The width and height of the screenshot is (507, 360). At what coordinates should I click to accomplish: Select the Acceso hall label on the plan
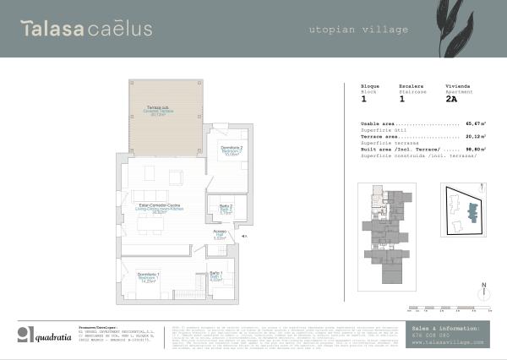click(x=220, y=235)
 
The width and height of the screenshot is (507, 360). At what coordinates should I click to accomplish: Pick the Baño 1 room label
click(x=215, y=274)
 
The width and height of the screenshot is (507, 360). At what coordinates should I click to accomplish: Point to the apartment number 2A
click(x=451, y=99)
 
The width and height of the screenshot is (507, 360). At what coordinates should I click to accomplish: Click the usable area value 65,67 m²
click(x=472, y=123)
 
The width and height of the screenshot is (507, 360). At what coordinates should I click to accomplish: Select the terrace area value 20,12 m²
click(x=472, y=136)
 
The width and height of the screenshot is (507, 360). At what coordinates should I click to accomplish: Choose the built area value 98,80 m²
click(x=472, y=150)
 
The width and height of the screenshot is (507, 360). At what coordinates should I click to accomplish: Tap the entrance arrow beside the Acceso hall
click(x=243, y=237)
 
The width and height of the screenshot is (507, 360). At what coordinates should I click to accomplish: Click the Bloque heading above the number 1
click(x=370, y=86)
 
